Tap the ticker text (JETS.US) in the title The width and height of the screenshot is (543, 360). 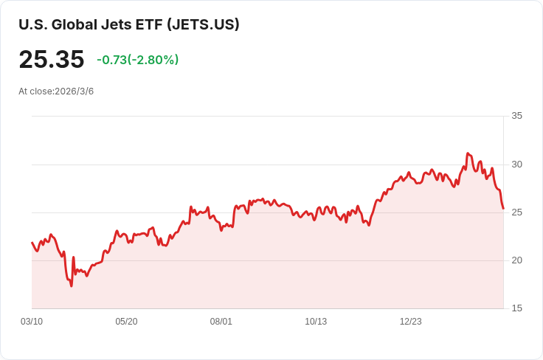[x=203, y=24]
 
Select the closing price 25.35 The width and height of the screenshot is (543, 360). [x=52, y=60]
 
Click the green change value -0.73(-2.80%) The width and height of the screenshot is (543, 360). [x=137, y=60]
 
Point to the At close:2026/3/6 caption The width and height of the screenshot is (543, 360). [x=56, y=91]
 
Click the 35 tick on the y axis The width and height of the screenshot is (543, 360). [x=516, y=116]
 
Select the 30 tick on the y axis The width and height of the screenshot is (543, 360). [x=516, y=164]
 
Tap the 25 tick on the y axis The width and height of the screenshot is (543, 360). [x=516, y=212]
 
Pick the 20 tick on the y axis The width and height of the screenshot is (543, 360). [x=516, y=260]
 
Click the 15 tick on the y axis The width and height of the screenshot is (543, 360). [x=516, y=308]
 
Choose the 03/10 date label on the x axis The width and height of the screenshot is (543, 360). [x=32, y=322]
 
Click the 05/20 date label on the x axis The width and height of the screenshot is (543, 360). [x=126, y=322]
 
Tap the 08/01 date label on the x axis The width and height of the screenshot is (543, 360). [x=221, y=322]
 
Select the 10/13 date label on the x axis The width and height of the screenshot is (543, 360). [x=316, y=322]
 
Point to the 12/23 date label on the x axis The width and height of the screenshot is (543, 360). [x=411, y=322]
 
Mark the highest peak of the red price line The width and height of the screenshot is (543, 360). [x=468, y=153]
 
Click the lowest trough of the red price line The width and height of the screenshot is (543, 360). [x=72, y=286]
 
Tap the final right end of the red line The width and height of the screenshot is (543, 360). [x=503, y=208]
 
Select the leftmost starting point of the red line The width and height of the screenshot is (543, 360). [x=32, y=242]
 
